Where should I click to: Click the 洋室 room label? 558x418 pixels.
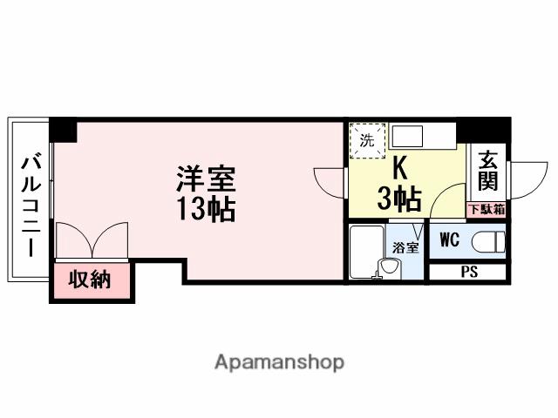[x=207, y=180]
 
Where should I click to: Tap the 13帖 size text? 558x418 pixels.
[x=207, y=209]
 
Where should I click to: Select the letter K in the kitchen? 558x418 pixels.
[x=399, y=165]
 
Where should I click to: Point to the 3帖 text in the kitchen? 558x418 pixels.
[x=399, y=199]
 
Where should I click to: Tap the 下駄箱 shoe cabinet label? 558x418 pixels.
[x=487, y=209]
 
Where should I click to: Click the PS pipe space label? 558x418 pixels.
[x=469, y=272]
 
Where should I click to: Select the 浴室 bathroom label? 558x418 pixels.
[x=405, y=247]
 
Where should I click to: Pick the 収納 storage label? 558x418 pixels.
[x=90, y=280]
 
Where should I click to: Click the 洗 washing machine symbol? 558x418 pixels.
[x=367, y=139]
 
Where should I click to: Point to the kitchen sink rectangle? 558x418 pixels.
[x=407, y=137]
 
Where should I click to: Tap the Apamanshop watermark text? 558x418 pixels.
[x=279, y=361]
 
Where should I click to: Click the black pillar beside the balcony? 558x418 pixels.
[x=63, y=130]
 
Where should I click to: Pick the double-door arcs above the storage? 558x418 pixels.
[x=92, y=239]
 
